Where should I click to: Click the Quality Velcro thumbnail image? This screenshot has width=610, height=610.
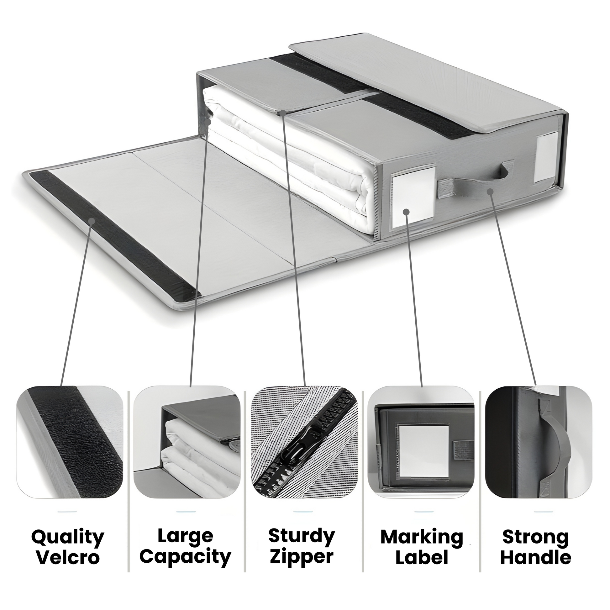(70, 442)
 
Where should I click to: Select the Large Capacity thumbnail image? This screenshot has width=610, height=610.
(187, 442)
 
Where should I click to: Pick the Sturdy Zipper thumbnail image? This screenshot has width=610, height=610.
(304, 442)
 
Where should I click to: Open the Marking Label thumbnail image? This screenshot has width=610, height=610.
(421, 442)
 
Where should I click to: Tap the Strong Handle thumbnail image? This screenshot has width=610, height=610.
(539, 442)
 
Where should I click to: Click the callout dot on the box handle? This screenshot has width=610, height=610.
(490, 191)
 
